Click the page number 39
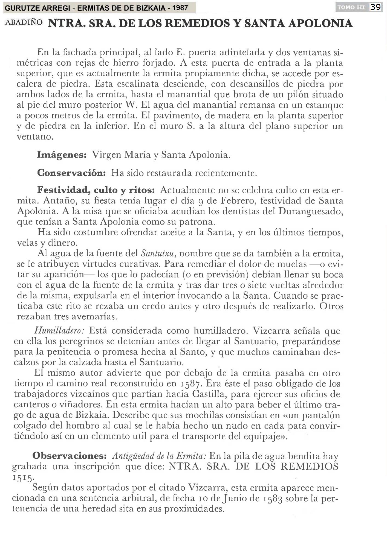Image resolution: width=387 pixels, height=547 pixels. pos(376,7)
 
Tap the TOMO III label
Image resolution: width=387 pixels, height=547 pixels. pos(351,8)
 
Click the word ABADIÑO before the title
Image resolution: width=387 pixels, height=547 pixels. pos(24,22)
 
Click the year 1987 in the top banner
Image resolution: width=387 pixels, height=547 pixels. pos(180,8)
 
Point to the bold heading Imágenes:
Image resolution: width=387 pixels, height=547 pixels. pos(62,155)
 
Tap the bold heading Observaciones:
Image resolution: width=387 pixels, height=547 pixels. pos(69,456)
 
